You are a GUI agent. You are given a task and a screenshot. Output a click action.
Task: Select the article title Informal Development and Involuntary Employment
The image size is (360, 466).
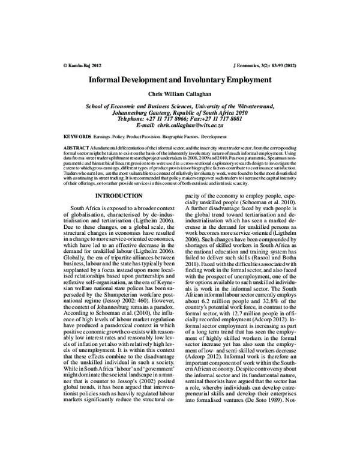pos(180,79)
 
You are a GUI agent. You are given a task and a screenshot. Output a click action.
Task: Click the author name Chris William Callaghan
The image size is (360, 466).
pos(180,94)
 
